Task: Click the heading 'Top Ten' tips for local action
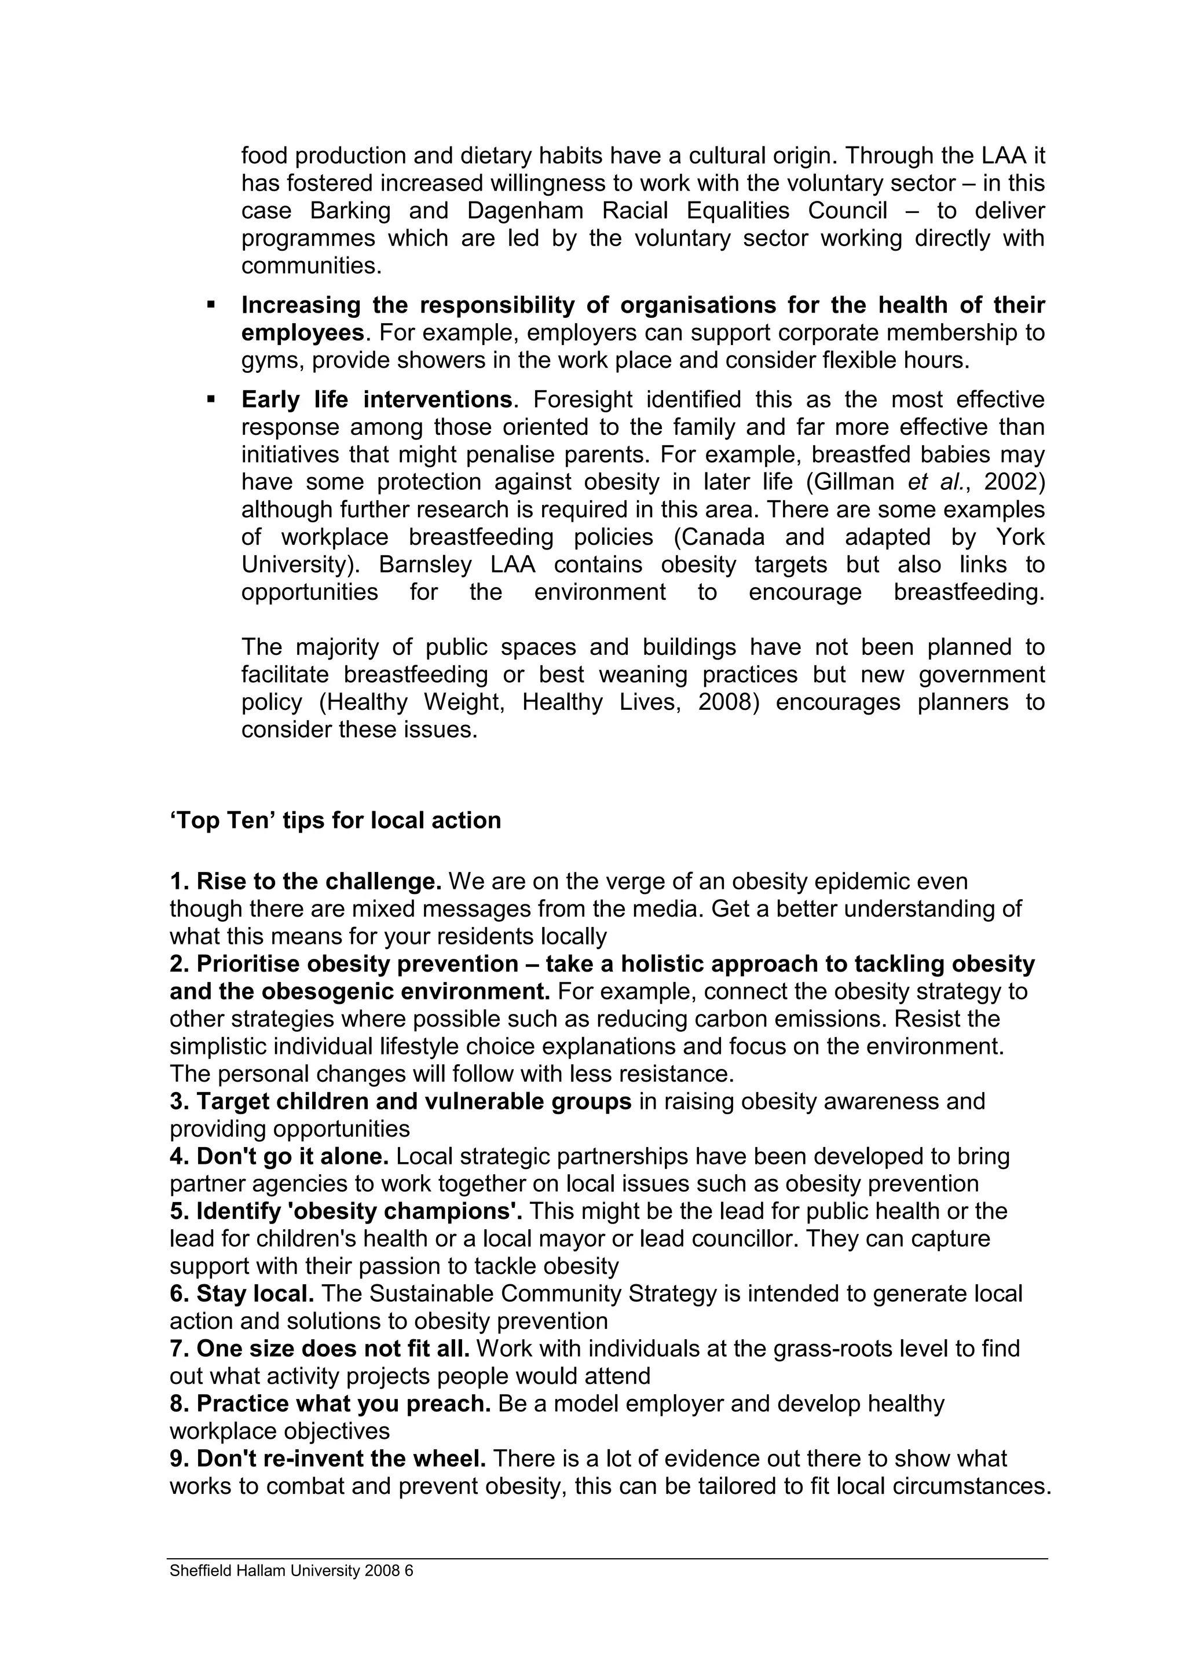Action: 335,820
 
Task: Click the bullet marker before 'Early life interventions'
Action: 211,399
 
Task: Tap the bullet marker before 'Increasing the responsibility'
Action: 211,304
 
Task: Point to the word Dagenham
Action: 525,211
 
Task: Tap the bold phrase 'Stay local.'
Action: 242,1294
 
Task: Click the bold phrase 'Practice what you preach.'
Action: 330,1404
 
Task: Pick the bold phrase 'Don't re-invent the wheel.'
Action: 328,1459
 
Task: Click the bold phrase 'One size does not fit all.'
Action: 319,1349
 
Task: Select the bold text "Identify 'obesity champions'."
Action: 346,1212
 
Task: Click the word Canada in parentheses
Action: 719,537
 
